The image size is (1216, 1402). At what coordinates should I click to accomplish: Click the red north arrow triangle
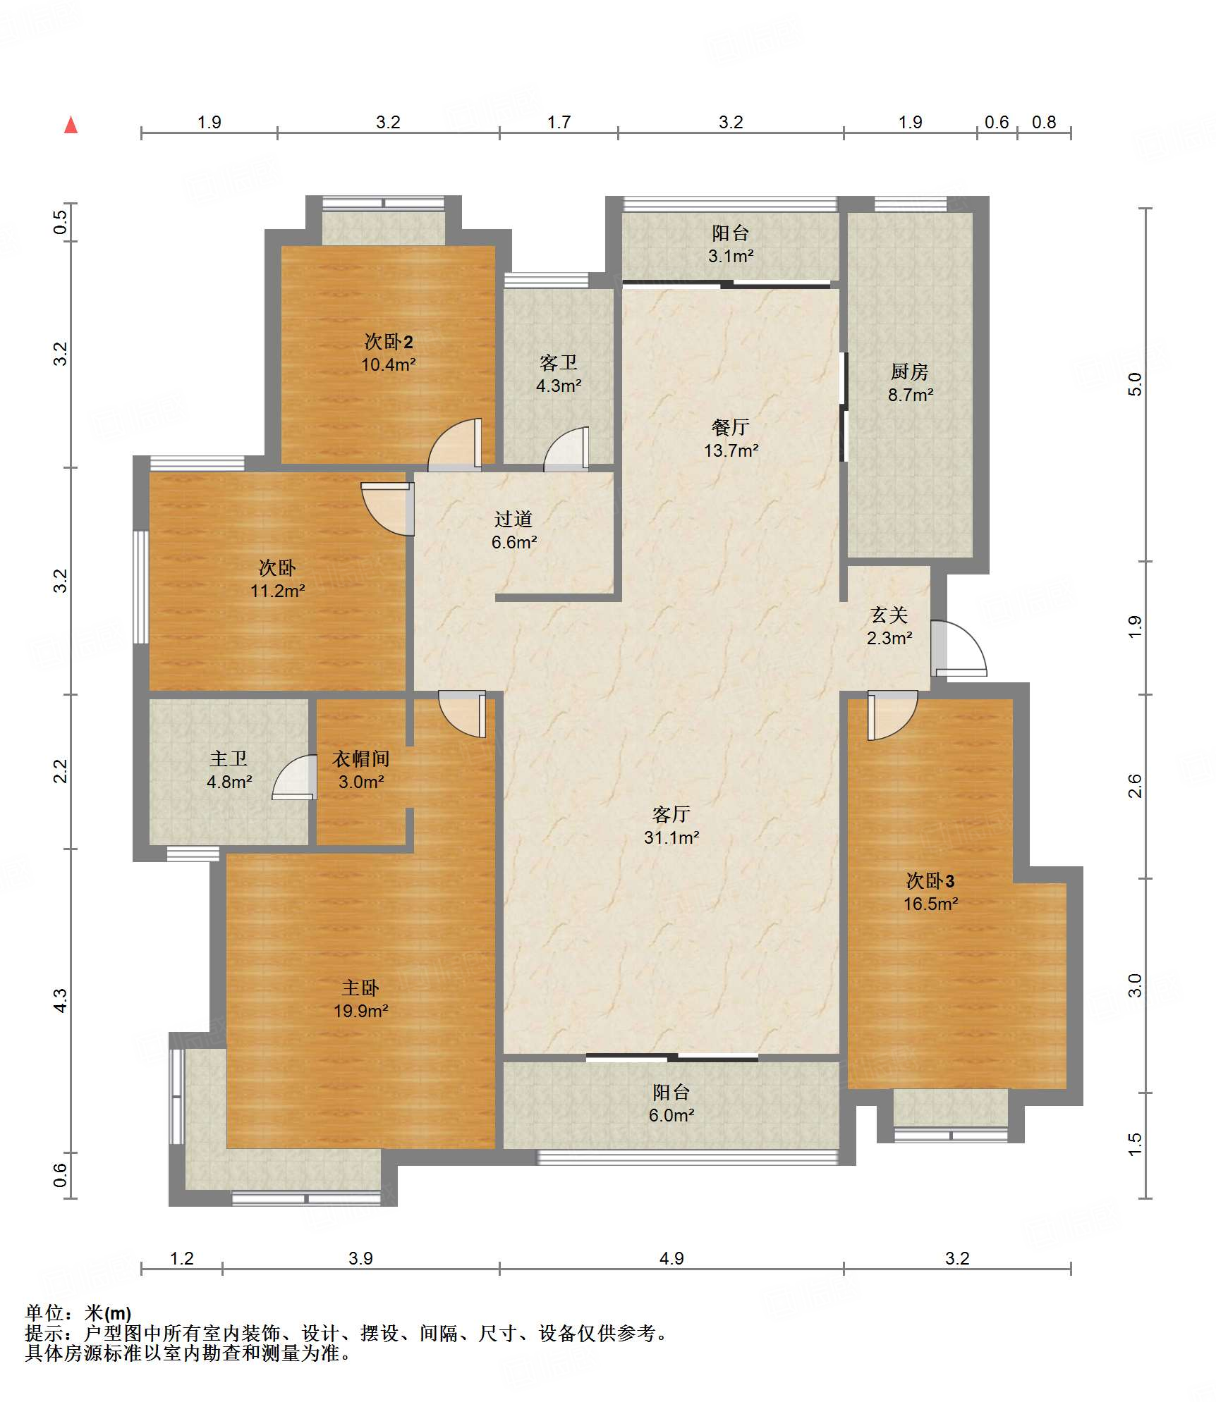71,125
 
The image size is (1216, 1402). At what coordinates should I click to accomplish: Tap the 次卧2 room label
389,341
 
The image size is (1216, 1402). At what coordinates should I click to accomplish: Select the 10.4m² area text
389,364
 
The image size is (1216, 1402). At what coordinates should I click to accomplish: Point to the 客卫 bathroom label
559,362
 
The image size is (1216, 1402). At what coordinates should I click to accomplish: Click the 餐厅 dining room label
731,426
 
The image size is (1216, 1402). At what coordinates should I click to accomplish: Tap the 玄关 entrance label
889,615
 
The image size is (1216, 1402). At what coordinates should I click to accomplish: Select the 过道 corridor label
513,519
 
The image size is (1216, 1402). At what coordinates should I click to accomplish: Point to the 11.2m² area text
278,591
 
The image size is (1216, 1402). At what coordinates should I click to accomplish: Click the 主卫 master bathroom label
229,758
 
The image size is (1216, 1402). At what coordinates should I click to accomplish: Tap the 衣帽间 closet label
361,758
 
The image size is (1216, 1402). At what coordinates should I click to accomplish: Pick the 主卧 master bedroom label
360,988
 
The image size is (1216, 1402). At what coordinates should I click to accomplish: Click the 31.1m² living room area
671,837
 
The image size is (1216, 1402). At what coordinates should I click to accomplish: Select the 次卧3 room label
930,880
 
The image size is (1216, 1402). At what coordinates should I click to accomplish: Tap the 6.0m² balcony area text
671,1115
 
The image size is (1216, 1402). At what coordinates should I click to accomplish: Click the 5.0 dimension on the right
1134,384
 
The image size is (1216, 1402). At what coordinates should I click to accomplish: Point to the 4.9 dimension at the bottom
671,1258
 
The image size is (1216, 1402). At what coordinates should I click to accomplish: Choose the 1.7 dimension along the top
559,122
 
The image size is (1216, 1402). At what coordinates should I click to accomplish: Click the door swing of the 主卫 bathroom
294,777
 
